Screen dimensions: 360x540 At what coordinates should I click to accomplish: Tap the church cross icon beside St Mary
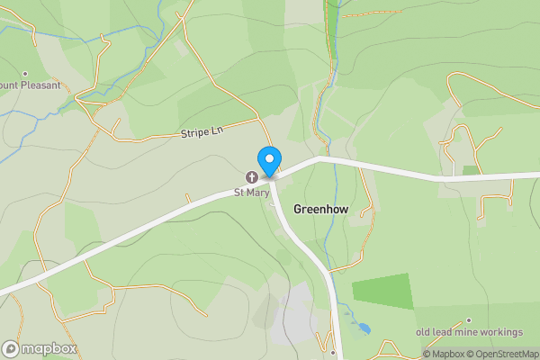click(252, 176)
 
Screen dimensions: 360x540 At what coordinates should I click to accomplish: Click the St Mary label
click(252, 192)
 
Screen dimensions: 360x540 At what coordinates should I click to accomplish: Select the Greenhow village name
click(320, 207)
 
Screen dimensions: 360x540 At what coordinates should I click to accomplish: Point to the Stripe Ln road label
click(201, 132)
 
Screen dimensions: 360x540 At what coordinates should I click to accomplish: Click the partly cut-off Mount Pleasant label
click(30, 85)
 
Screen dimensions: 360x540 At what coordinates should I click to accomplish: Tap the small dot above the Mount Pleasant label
click(25, 74)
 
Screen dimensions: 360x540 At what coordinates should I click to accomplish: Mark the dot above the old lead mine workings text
click(468, 319)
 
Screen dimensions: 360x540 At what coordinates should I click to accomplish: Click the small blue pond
click(364, 328)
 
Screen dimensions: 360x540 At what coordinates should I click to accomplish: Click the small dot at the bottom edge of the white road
click(332, 353)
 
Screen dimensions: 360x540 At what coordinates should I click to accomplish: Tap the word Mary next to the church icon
click(259, 192)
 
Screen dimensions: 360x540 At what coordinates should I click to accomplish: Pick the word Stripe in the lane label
click(194, 132)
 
